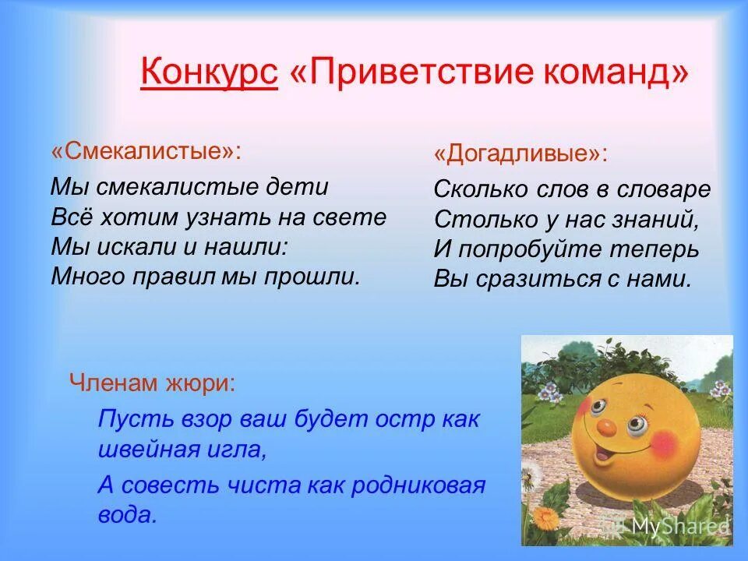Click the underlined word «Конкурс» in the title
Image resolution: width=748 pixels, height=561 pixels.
(x=209, y=74)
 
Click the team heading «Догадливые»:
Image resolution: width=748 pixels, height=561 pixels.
(x=520, y=153)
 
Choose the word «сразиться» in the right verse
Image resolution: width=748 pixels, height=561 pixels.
(x=531, y=279)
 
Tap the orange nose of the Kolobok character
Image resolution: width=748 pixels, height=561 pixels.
(x=604, y=427)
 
